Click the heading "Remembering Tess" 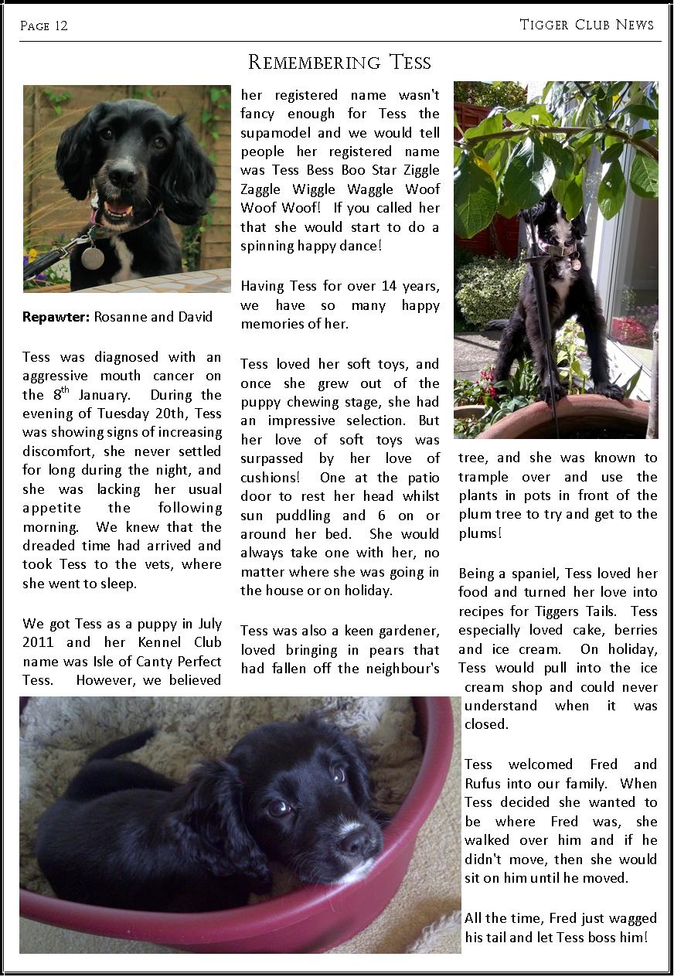(x=339, y=62)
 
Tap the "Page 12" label (x=44, y=26)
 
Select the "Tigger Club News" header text (x=587, y=25)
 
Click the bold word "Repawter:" (x=56, y=317)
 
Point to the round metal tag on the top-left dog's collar (x=93, y=257)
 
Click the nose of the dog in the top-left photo (x=122, y=176)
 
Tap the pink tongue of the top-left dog (x=118, y=209)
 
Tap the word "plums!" (x=480, y=533)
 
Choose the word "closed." (x=486, y=724)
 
